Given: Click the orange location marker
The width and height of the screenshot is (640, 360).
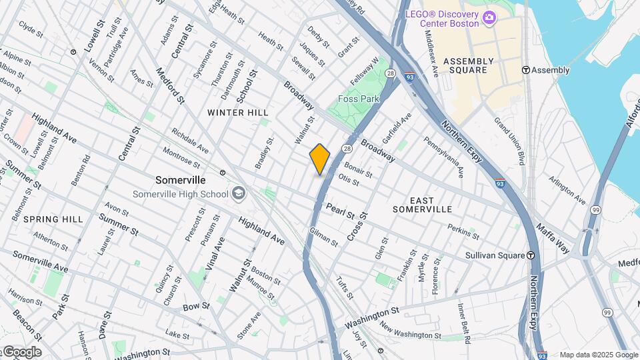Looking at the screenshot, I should point(320,159).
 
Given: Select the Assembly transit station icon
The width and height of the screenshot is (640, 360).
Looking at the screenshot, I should point(525,70).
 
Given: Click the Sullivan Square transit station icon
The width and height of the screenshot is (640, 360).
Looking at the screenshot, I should point(531,255).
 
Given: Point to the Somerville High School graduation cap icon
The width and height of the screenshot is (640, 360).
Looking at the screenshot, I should point(238,194).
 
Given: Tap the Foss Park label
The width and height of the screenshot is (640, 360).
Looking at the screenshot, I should point(358,99).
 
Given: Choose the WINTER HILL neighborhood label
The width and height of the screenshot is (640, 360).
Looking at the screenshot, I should point(237,113).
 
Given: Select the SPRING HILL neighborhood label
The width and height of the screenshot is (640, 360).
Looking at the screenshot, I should point(53,219).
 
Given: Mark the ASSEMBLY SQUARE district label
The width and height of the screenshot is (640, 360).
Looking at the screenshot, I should point(469,65).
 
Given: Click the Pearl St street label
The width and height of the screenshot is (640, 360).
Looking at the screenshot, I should point(340,211).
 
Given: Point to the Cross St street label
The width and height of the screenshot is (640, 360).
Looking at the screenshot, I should point(357,227).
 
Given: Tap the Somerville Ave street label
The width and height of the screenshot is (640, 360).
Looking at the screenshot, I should point(40,262).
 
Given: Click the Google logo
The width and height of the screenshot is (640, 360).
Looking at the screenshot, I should point(21,352).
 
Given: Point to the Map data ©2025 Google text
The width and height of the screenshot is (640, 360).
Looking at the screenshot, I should point(599,355).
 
